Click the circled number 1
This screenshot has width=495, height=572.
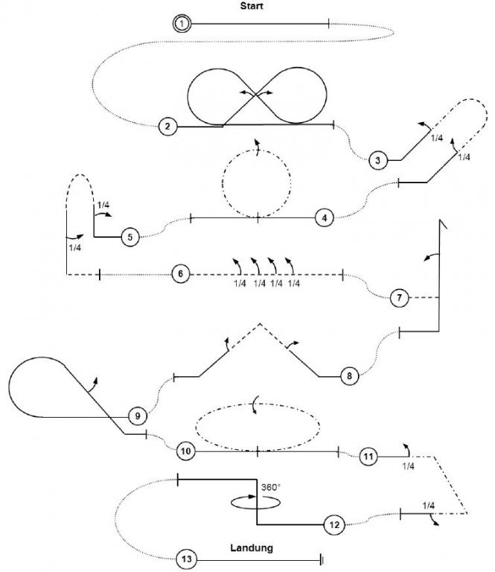click(x=181, y=24)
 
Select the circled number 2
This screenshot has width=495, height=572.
click(x=168, y=127)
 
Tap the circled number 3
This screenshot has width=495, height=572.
click(x=378, y=159)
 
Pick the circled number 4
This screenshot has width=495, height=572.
click(x=324, y=217)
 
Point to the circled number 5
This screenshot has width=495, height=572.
click(x=130, y=237)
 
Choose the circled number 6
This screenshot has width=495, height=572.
click(x=179, y=274)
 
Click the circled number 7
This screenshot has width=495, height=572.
click(x=399, y=298)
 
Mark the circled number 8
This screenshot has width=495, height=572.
click(x=348, y=376)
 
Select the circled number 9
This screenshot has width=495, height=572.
click(x=136, y=415)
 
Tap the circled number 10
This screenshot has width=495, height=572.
click(x=185, y=451)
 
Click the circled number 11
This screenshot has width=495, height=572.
click(x=368, y=455)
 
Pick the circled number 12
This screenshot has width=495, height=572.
click(x=333, y=525)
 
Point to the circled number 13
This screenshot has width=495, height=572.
click(x=187, y=559)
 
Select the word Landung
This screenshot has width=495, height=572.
click(x=252, y=547)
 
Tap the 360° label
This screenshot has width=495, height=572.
click(x=270, y=487)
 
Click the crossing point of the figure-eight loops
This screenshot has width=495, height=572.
click(x=257, y=92)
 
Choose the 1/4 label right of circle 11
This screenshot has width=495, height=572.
click(x=408, y=466)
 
